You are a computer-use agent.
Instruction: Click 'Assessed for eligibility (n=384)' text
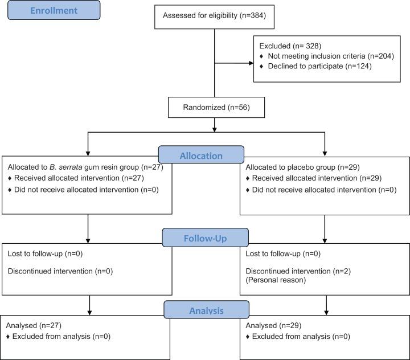[215, 16]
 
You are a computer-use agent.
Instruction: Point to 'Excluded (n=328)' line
[286, 44]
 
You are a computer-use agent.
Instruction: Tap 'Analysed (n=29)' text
[272, 326]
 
